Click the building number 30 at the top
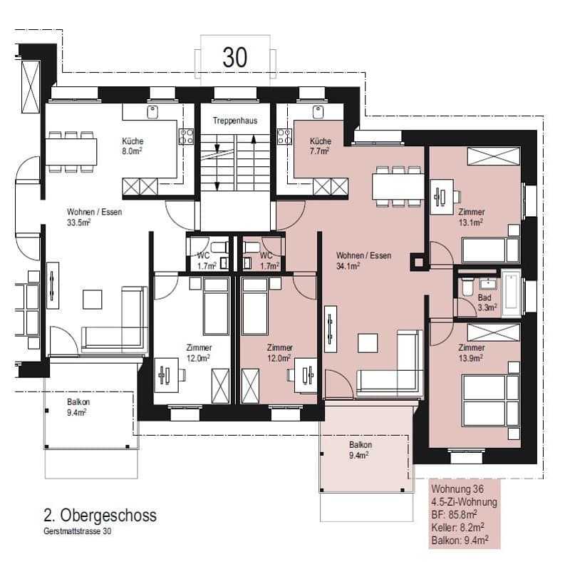coord(235,57)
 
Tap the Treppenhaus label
coord(235,121)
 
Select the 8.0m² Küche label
coord(133,146)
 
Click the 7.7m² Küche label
coord(320,146)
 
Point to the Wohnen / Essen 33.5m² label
coord(94,217)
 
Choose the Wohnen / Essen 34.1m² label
coord(363,260)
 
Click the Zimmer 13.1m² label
coord(471,217)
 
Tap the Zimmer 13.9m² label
coord(471,353)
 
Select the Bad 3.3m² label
coord(487,302)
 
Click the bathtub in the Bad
coord(511,294)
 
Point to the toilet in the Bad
coord(467,287)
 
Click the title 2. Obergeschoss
coord(100,515)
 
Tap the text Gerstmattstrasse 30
coord(78,531)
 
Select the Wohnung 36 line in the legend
coord(457,489)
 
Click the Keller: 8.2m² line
coord(457,527)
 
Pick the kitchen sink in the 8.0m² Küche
coord(152,112)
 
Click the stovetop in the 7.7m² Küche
coord(284,136)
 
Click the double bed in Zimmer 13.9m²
coord(491,400)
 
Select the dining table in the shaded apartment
coord(398,186)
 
